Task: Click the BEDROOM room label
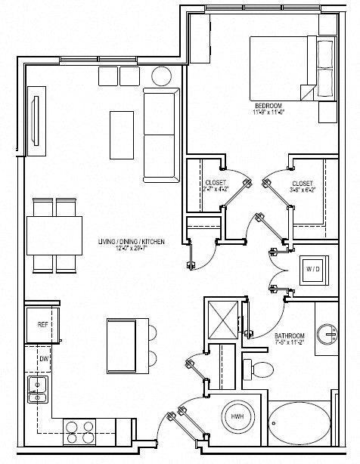click(268, 106)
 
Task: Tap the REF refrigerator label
click(43, 324)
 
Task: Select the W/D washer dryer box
click(313, 269)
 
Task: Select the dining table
click(54, 235)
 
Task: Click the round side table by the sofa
click(161, 76)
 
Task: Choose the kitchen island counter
click(122, 342)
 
